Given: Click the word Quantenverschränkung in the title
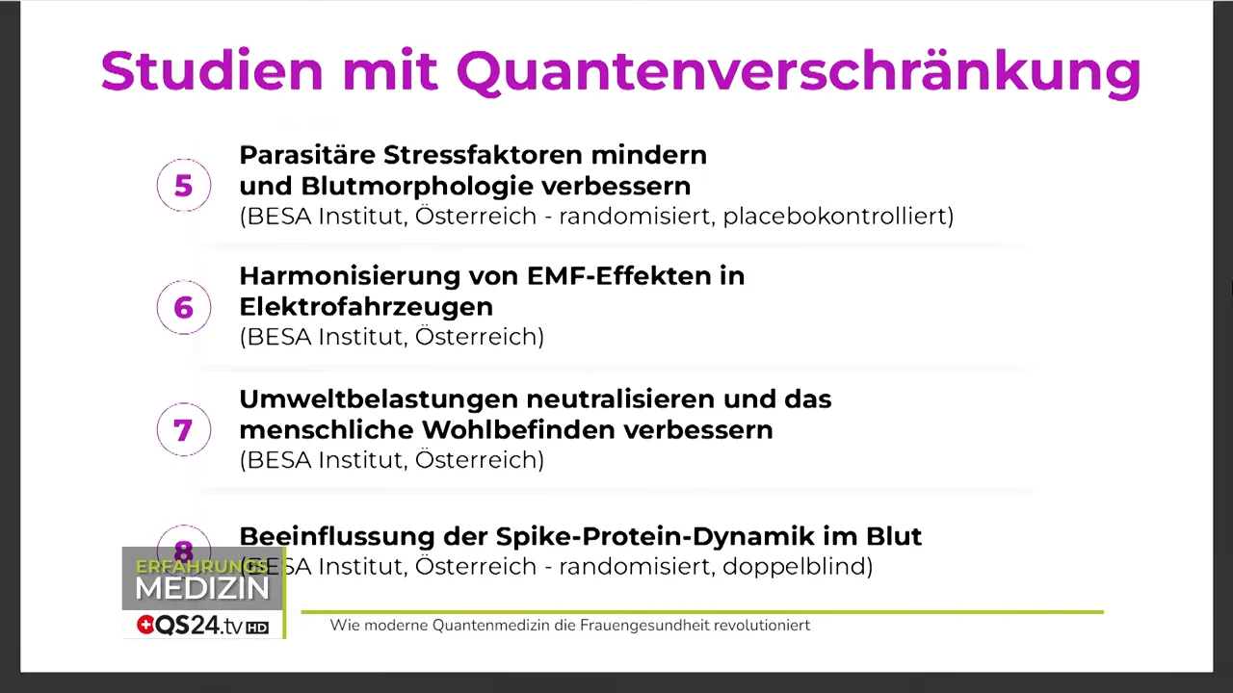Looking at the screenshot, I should coord(798,71).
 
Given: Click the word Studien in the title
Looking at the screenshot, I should coord(212,71).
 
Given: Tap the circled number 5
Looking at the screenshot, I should coord(183,186).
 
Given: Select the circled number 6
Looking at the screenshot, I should coord(183,307).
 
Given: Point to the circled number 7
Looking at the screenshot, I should coord(183,429).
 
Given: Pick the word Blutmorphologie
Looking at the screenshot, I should coord(417,186).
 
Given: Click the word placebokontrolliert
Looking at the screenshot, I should coord(837,216).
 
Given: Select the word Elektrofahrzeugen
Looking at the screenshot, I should coord(366,307).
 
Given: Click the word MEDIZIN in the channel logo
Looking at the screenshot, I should coord(202,589).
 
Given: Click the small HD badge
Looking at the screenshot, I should coord(257,628).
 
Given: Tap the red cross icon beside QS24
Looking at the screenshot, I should coord(145,626).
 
